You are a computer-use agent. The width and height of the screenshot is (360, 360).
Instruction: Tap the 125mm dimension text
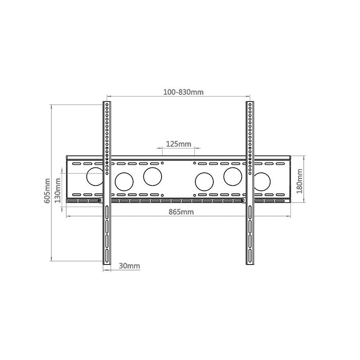pos(178,144)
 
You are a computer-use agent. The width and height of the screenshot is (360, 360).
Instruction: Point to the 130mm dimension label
pos(58,190)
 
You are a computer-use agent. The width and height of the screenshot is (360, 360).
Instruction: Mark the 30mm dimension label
pos(129,266)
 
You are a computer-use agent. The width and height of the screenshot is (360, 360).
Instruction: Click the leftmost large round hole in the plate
pos(95,176)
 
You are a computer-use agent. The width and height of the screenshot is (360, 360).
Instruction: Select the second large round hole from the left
pos(124,181)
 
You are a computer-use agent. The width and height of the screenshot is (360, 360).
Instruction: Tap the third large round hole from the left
pos(153,175)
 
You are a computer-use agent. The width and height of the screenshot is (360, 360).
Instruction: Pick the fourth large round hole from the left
pos(204,181)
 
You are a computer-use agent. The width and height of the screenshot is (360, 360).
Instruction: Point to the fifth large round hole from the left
pos(233,176)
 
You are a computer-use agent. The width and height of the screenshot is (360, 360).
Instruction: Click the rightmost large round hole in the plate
pos(261,181)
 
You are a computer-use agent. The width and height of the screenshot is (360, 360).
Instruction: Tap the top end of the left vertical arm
pos(107,103)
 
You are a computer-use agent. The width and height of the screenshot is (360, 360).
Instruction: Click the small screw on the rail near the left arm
pos(99,200)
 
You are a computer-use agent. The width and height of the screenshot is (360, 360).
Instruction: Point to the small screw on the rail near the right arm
pos(243,200)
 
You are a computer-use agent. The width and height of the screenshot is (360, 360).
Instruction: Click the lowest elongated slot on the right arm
pos(250,253)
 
